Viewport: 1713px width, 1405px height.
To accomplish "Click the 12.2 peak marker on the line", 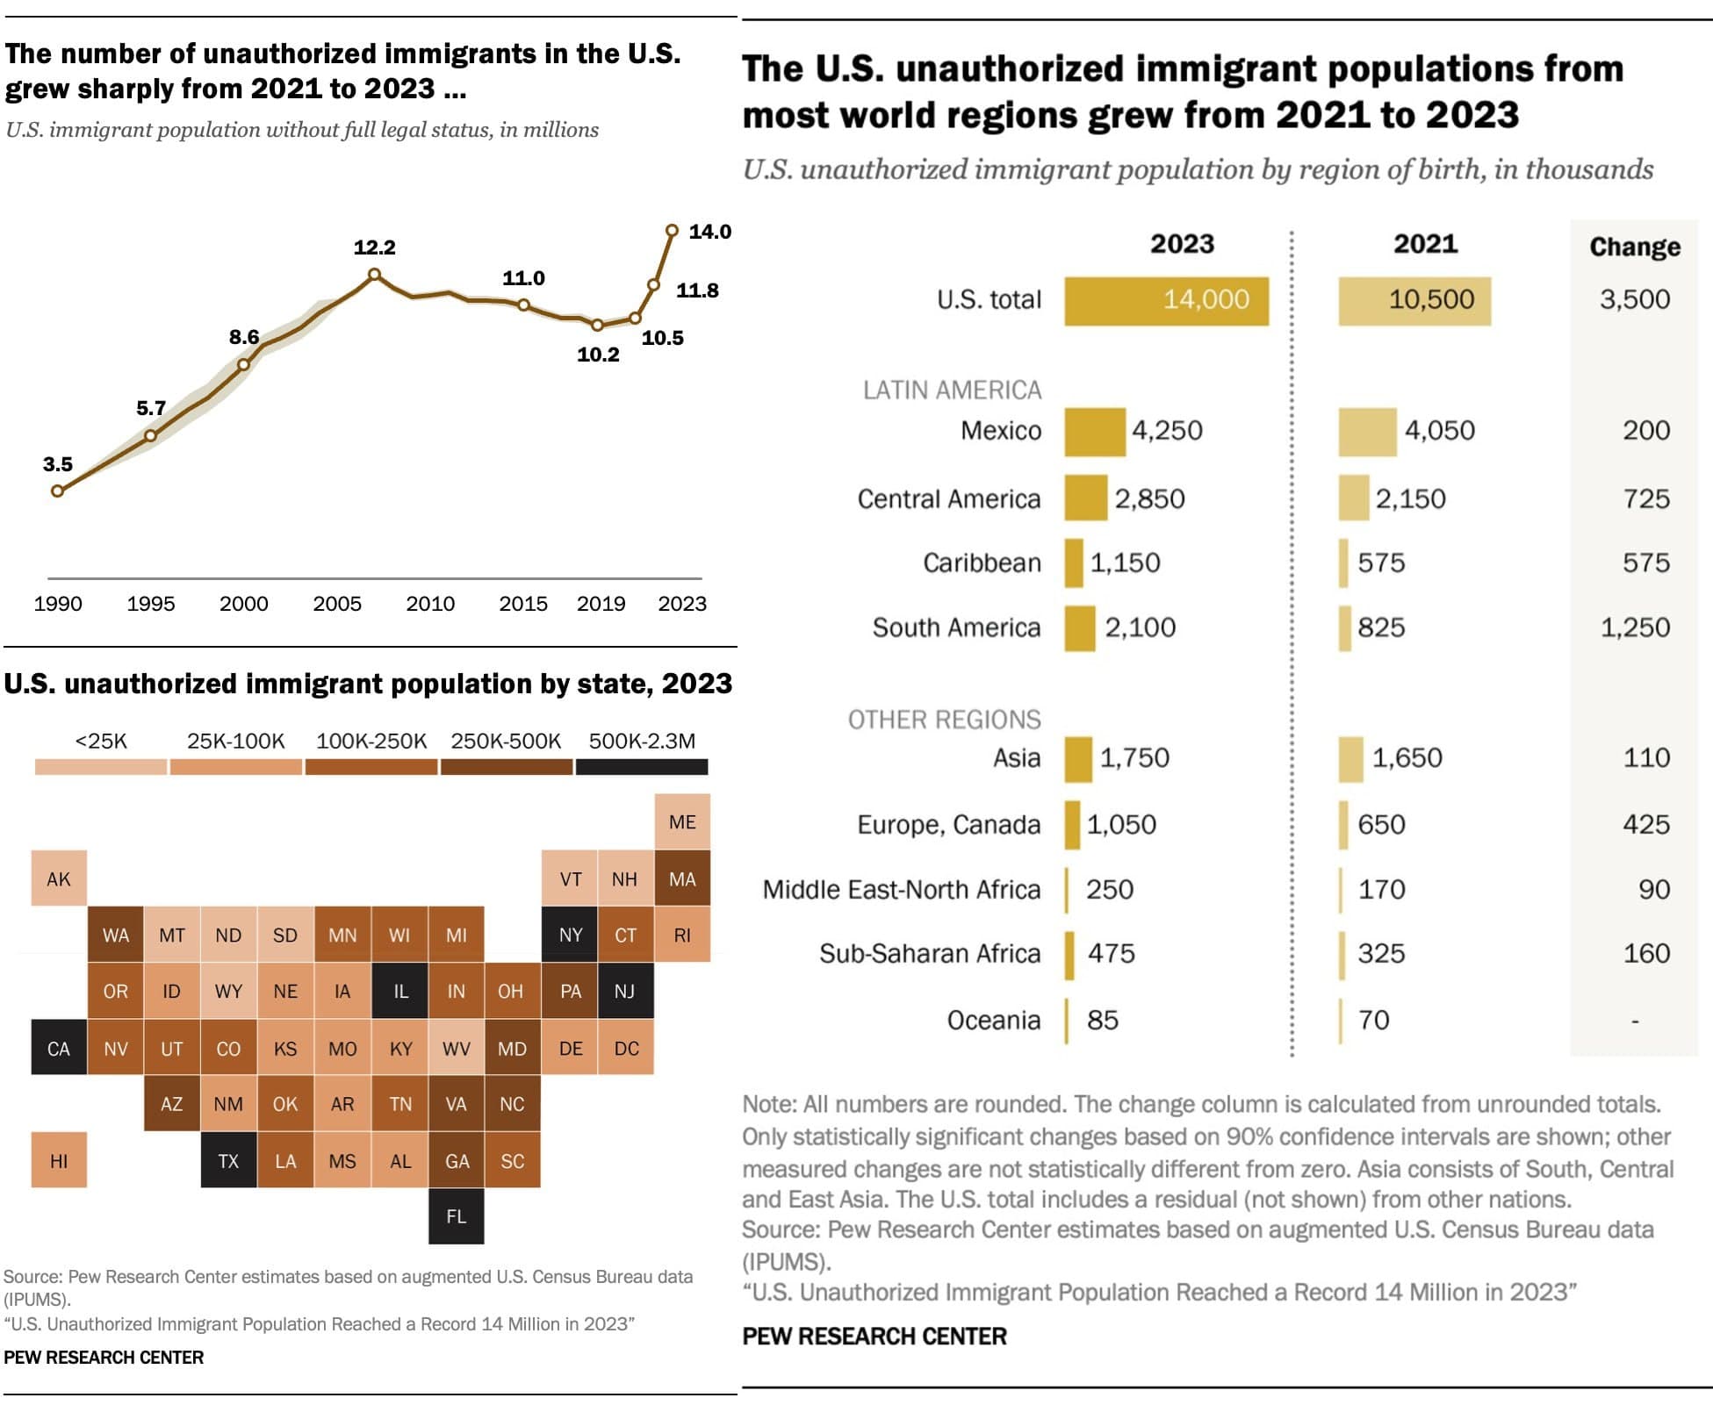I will point(374,275).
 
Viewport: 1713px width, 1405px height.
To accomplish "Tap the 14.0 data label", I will point(709,232).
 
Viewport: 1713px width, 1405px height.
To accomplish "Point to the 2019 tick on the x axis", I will point(601,604).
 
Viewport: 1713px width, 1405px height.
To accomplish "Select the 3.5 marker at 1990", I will point(58,491).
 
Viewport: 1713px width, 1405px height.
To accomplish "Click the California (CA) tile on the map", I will point(59,1048).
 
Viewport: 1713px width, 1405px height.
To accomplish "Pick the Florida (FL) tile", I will point(456,1216).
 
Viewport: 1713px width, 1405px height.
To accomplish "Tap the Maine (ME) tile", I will point(682,822).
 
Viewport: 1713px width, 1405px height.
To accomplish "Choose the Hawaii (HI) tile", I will point(59,1160).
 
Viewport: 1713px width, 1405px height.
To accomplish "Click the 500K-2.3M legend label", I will point(642,741).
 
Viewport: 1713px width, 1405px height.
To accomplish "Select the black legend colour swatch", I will point(642,767).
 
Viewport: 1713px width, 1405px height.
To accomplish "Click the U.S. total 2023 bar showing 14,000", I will point(1166,301).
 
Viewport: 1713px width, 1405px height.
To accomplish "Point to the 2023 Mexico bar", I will point(1095,432).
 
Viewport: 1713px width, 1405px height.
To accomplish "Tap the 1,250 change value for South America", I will point(1634,627).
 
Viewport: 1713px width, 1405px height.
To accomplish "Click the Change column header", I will point(1634,247).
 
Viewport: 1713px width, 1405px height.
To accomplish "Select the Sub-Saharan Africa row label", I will point(929,953).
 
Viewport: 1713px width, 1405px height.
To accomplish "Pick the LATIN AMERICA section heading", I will point(952,390).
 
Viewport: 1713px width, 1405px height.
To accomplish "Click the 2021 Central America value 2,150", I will point(1410,498).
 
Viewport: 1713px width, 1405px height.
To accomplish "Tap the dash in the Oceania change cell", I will point(1634,1021).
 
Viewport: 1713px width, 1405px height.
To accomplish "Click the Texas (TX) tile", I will point(228,1160).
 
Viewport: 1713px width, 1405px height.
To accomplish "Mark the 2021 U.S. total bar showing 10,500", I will point(1414,301).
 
